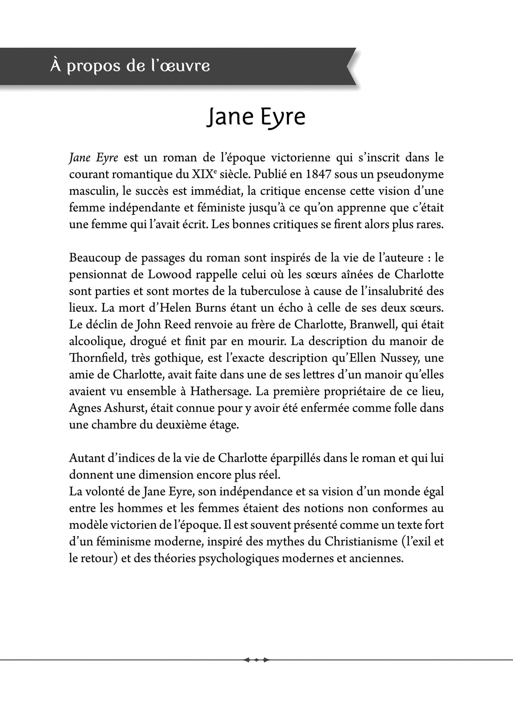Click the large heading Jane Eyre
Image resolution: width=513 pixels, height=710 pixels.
pyautogui.click(x=256, y=117)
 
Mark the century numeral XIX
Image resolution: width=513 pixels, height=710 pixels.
pyautogui.click(x=199, y=174)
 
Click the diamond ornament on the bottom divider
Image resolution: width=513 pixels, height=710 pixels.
pyautogui.click(x=256, y=660)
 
